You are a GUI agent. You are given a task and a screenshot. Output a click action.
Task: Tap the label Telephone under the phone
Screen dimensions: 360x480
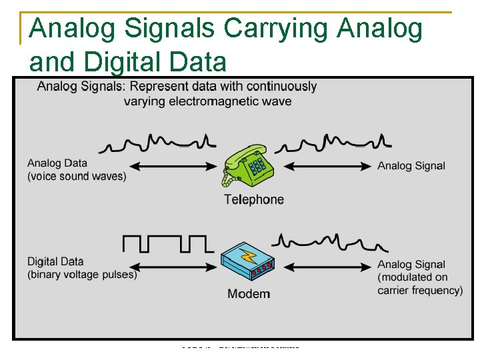(253, 199)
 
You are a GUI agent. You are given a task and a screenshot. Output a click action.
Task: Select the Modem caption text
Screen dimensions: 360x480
(249, 293)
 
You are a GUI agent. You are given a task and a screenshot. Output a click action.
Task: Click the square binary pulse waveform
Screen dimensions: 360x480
(165, 243)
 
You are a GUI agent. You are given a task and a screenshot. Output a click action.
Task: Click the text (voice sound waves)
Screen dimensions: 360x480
(77, 176)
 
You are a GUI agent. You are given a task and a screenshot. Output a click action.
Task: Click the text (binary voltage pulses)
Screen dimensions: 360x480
(82, 274)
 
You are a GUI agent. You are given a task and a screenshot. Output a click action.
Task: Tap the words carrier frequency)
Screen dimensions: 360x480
(420, 290)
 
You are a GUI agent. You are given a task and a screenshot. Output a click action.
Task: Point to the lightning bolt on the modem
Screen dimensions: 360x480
(247, 255)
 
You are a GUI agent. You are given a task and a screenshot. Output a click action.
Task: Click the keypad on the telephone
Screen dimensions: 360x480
(257, 165)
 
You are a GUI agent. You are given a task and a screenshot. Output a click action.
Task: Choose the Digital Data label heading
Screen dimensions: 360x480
(55, 261)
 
